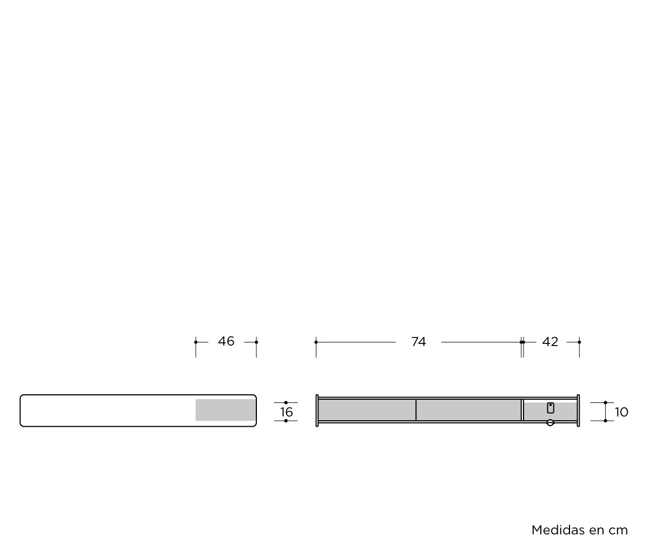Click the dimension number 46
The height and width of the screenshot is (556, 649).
coord(226,341)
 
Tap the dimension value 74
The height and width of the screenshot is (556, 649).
coord(419,342)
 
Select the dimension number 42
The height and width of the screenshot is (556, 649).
coord(550,342)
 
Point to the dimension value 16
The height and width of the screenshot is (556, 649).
coord(286,412)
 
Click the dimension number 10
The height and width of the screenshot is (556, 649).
coord(621,412)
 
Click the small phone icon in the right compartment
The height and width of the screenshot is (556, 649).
coord(551,408)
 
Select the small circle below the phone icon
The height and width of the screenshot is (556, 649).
coord(550,422)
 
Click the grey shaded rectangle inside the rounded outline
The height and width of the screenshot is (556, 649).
coord(226,410)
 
